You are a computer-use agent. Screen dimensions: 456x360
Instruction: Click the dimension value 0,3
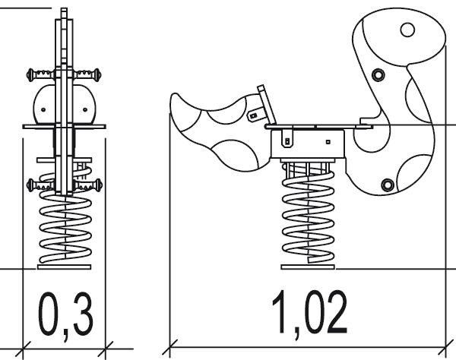(65, 314)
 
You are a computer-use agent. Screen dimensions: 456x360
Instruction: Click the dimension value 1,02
(309, 313)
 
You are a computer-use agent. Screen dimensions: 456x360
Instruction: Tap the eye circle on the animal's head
(407, 30)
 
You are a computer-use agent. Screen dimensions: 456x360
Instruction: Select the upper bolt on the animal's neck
(378, 74)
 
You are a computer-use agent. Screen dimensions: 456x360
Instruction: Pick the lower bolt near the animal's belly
(388, 185)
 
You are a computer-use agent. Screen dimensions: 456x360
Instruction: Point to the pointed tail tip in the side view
(175, 95)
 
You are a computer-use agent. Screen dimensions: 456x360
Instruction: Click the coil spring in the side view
(309, 216)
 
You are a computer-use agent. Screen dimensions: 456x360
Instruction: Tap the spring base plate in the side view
(308, 267)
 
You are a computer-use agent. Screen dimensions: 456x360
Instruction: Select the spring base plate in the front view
(65, 267)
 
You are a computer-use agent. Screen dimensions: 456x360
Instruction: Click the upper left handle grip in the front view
(41, 74)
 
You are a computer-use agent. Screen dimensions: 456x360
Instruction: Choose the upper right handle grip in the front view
(87, 74)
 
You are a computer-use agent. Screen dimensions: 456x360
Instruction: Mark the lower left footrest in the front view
(41, 185)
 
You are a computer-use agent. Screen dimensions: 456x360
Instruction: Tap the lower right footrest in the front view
(87, 185)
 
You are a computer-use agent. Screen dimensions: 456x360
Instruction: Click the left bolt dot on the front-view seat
(43, 110)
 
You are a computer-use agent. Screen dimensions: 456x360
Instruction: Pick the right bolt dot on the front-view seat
(85, 109)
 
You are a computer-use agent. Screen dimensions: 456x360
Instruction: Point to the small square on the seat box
(328, 142)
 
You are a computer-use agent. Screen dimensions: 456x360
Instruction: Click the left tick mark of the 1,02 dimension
(169, 347)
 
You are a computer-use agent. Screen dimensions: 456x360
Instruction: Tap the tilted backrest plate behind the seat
(267, 105)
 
